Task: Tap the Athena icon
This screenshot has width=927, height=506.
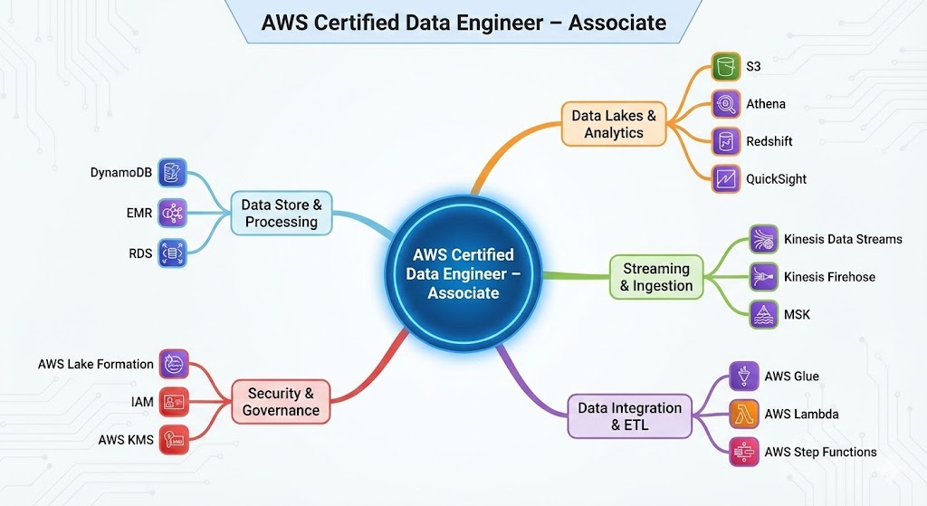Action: (725, 104)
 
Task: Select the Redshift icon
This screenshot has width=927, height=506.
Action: (725, 141)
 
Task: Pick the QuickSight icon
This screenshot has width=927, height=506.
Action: (725, 178)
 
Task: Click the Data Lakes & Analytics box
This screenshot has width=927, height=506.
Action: (614, 124)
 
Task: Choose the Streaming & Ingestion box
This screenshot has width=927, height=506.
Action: (656, 277)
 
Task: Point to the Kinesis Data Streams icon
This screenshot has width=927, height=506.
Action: (764, 239)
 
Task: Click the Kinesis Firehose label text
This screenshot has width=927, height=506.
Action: (829, 277)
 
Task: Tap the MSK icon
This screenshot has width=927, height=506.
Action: (764, 314)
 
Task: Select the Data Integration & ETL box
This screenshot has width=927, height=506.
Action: (630, 415)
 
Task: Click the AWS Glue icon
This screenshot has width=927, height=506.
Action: (743, 377)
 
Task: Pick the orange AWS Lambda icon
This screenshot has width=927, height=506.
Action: (743, 414)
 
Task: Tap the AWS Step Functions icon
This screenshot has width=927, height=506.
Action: (743, 452)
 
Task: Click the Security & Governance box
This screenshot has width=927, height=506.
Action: (281, 402)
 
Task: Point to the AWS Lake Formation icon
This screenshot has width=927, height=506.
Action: (173, 364)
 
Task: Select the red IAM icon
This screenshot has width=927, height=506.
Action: (173, 402)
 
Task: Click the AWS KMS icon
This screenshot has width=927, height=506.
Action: (173, 440)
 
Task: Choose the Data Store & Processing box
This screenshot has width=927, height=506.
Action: (282, 213)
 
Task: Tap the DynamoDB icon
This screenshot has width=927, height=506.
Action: (172, 172)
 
